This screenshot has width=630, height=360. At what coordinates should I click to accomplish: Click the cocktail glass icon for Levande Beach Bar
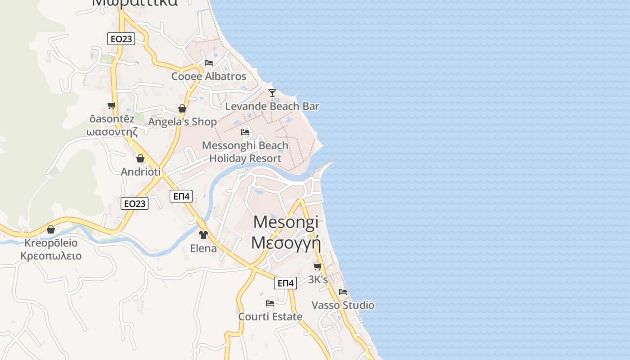(x=272, y=93)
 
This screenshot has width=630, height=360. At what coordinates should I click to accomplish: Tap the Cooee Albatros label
(x=209, y=76)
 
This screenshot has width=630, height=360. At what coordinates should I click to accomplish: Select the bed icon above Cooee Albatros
(x=209, y=63)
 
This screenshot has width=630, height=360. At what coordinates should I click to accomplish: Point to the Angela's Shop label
(x=182, y=121)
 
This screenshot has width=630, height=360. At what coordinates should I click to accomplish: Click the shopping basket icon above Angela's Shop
(x=182, y=108)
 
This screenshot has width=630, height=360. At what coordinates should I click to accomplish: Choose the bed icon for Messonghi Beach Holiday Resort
(x=245, y=132)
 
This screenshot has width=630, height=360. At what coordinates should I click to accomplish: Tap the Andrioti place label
(x=140, y=171)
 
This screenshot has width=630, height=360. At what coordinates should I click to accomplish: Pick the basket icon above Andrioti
(x=140, y=158)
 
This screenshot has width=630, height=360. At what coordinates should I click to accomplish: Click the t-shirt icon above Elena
(x=203, y=234)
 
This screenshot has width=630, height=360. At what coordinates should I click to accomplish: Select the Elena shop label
(x=203, y=248)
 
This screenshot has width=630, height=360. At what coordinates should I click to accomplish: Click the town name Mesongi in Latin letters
(x=286, y=222)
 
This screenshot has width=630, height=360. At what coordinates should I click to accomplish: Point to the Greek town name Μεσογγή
(x=286, y=243)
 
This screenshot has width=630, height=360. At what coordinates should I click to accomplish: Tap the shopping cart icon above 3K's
(x=318, y=266)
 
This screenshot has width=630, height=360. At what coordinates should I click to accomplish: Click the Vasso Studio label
(x=343, y=305)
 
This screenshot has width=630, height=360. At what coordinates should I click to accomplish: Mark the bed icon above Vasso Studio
(x=343, y=292)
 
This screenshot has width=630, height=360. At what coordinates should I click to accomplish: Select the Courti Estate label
(x=270, y=317)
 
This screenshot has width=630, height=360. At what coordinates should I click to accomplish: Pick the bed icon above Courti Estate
(x=270, y=303)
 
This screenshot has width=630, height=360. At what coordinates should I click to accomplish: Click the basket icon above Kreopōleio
(x=51, y=230)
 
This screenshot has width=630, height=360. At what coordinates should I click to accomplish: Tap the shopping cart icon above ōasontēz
(x=111, y=106)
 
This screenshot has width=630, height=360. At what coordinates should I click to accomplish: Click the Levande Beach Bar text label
(x=272, y=107)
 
